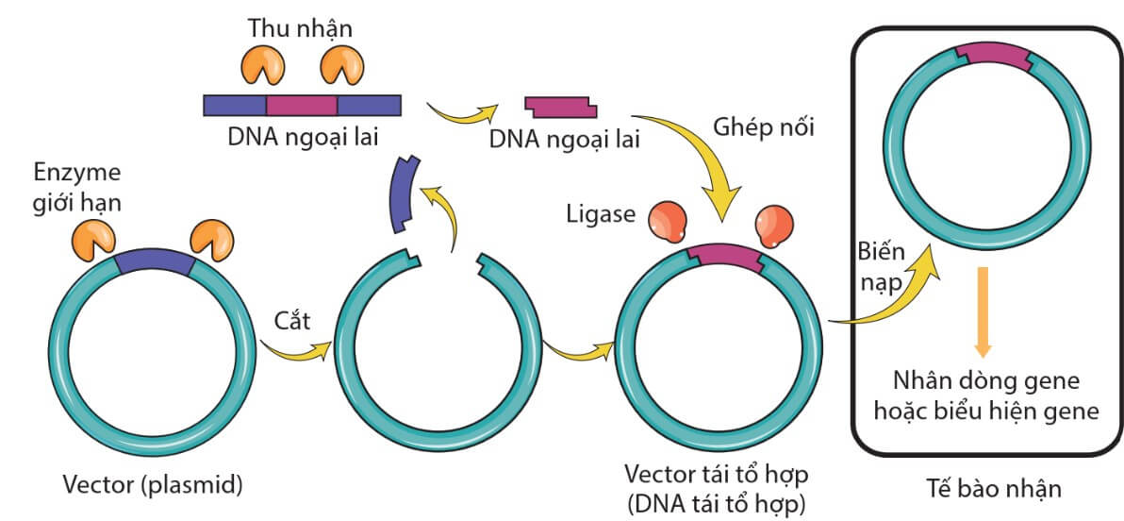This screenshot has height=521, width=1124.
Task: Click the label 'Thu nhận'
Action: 300,28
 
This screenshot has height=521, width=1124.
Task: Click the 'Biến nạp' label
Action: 881,268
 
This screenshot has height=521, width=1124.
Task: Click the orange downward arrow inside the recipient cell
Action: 983,311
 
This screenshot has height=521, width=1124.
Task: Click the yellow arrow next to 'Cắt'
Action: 294,351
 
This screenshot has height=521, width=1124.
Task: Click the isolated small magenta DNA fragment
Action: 559,105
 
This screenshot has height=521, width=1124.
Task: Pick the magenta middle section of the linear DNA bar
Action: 302,104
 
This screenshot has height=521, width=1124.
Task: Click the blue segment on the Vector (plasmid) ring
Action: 154,266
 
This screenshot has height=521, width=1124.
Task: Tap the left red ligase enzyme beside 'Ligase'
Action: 669,221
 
